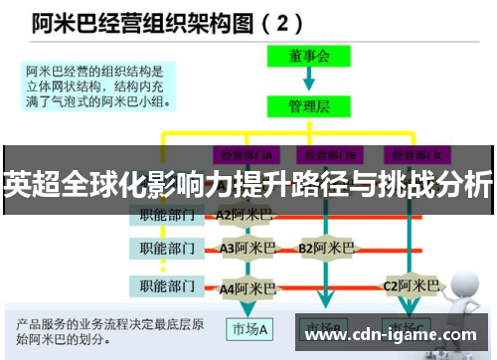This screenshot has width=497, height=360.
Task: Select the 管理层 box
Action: click(x=309, y=104)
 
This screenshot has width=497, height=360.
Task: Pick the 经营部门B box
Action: click(x=329, y=154)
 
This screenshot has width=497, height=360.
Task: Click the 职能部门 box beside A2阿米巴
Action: click(x=165, y=214)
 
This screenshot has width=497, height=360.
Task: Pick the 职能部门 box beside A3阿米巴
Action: click(x=165, y=247)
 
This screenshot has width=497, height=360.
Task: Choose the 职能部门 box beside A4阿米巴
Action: click(x=165, y=286)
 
